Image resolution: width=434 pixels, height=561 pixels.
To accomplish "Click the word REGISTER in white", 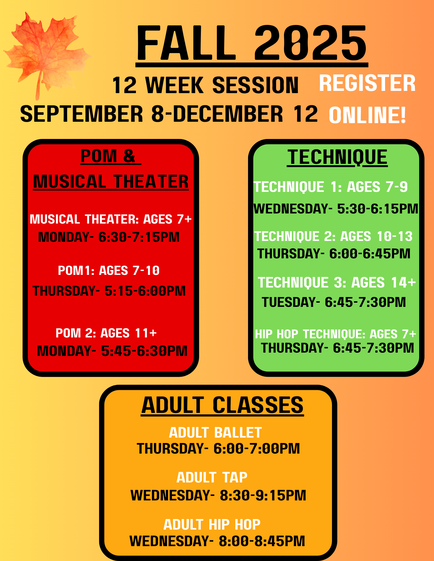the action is pos(367,83).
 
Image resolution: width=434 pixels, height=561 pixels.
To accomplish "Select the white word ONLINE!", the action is pos(367,115).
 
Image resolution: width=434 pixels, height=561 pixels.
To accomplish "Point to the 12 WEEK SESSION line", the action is pos(205,85).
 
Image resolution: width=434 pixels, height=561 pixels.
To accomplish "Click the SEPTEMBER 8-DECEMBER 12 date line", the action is pos(169,114).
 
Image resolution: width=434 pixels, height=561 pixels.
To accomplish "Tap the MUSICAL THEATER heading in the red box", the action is pos(111,181).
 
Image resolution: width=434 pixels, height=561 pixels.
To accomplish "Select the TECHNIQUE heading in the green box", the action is pos(337,157).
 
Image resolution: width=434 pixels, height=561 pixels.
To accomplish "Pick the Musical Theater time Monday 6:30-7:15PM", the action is pos(109,237).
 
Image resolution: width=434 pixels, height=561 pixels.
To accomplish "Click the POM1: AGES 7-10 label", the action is pos(109,271).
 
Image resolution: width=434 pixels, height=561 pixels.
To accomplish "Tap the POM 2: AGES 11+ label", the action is pos(106,333).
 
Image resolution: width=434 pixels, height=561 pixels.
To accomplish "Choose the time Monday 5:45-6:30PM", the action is pos(112,351).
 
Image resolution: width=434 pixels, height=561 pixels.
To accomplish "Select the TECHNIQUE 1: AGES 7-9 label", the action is pos(331,187).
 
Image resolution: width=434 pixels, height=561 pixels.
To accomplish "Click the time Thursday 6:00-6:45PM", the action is pos(334,254).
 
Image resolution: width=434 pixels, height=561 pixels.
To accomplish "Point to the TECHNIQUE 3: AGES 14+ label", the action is pos(337,282).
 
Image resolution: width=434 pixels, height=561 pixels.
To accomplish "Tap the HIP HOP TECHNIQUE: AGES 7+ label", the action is pos(335,334).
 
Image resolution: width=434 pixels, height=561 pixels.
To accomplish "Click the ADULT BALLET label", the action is pos(215,433).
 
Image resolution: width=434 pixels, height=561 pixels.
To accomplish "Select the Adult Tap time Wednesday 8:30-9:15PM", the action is pos(218,495).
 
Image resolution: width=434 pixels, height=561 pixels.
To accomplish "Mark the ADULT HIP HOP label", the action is pos(212,525).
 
